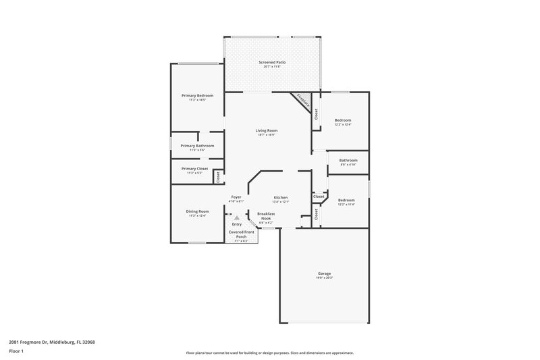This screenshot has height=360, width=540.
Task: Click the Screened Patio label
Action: click(272, 62)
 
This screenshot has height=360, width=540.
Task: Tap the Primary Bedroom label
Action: click(197, 96)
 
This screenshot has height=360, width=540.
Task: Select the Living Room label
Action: click(267, 130)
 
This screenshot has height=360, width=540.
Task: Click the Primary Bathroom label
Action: click(197, 146)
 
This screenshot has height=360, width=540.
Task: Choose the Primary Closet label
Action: click(194, 169)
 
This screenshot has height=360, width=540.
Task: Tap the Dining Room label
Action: click(198, 211)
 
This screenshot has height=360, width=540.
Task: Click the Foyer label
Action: click(236, 197)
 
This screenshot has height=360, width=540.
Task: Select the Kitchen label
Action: click(280, 197)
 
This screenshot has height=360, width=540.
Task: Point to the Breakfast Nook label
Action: click(267, 215)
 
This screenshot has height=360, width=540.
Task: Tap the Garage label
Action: click(324, 274)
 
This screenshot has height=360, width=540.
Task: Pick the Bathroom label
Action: click(348, 160)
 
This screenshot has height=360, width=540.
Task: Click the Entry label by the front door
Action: click(236, 224)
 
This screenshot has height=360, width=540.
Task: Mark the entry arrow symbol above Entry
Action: click(236, 217)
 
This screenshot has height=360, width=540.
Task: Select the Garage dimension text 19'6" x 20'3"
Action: click(324, 278)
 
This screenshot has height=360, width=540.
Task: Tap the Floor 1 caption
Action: click(17, 352)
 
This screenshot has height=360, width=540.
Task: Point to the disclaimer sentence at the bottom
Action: click(269, 353)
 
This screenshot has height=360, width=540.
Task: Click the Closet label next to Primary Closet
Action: click(218, 177)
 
